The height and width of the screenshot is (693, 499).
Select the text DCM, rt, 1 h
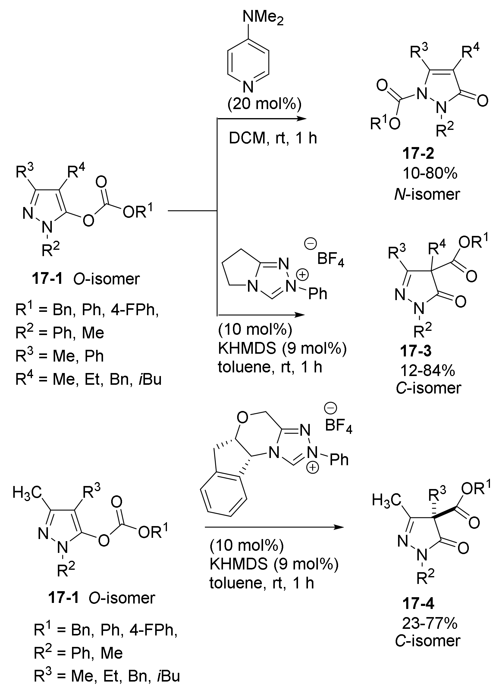(273, 138)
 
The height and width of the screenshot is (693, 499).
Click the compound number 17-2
(418, 153)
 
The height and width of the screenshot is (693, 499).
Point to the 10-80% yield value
(430, 174)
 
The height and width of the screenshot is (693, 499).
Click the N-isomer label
(427, 194)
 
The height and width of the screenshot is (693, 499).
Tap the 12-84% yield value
(428, 371)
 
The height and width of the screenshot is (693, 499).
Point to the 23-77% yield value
(430, 623)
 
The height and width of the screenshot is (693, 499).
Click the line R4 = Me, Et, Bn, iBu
(88, 380)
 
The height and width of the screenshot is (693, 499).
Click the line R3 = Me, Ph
(60, 356)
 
